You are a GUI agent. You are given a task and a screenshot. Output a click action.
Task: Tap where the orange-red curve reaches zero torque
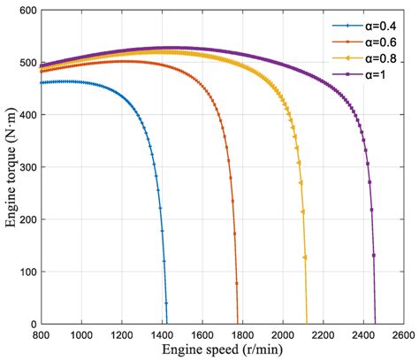[x=238, y=324]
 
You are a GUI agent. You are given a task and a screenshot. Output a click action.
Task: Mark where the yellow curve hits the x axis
[x=307, y=324]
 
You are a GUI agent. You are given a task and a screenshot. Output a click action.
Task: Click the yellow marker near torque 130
[x=305, y=257]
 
